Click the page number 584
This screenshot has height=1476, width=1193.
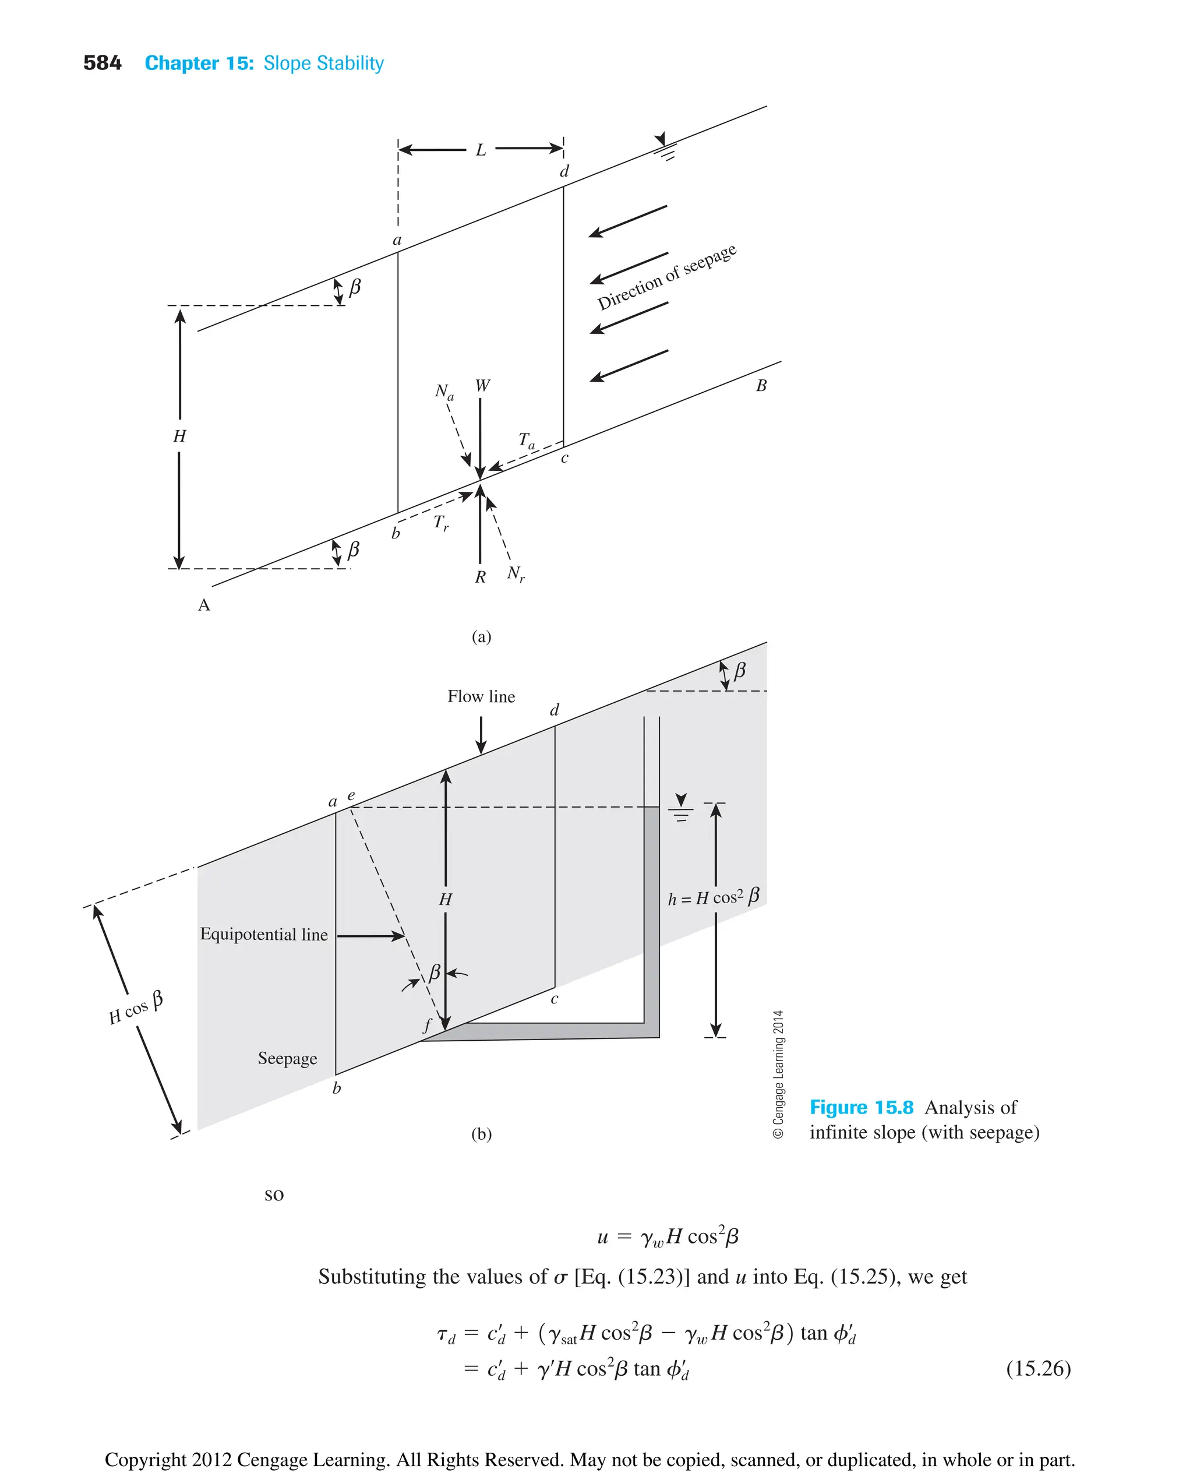(102, 64)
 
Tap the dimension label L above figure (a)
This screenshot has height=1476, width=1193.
(481, 150)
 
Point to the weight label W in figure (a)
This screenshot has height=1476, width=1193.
(482, 386)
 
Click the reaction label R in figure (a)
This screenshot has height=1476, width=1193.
(481, 577)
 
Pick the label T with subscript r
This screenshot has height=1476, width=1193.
(440, 523)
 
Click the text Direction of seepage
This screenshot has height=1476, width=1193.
(666, 276)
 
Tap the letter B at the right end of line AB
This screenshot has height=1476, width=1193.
(761, 386)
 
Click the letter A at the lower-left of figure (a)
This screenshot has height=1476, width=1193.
(204, 605)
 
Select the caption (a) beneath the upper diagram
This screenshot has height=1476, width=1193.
(481, 636)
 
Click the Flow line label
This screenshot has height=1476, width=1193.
(481, 696)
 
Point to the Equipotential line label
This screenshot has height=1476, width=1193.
(264, 934)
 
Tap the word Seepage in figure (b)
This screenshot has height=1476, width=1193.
(287, 1058)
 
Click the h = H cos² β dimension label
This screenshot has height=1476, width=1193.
(714, 896)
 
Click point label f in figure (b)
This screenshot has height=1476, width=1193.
(427, 1026)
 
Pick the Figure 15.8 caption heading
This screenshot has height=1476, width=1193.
(861, 1108)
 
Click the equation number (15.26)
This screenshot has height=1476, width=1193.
(1037, 1368)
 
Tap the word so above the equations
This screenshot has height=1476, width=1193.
(274, 1194)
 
